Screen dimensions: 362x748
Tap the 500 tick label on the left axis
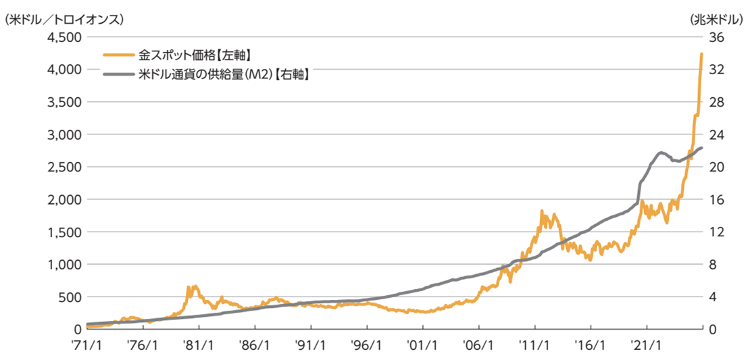coord(70,296)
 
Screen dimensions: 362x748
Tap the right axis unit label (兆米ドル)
coord(717,19)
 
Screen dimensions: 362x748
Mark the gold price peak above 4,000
coord(701,54)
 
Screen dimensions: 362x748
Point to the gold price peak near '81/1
coord(196,286)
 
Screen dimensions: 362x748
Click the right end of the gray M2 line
coord(702,148)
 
